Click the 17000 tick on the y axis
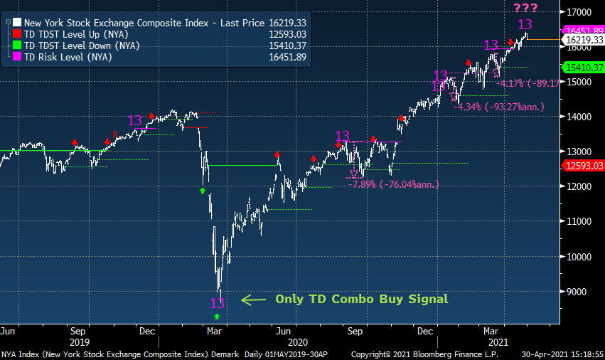[x=580, y=12]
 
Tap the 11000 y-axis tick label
[x=580, y=221]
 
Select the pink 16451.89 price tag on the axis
[x=583, y=29]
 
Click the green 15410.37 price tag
[x=583, y=68]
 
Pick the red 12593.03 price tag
[x=583, y=166]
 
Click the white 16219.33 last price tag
[x=583, y=41]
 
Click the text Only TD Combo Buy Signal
[x=362, y=299]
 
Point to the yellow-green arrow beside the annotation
[x=253, y=300]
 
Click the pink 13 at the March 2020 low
[x=217, y=303]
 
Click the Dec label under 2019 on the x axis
[x=147, y=331]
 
